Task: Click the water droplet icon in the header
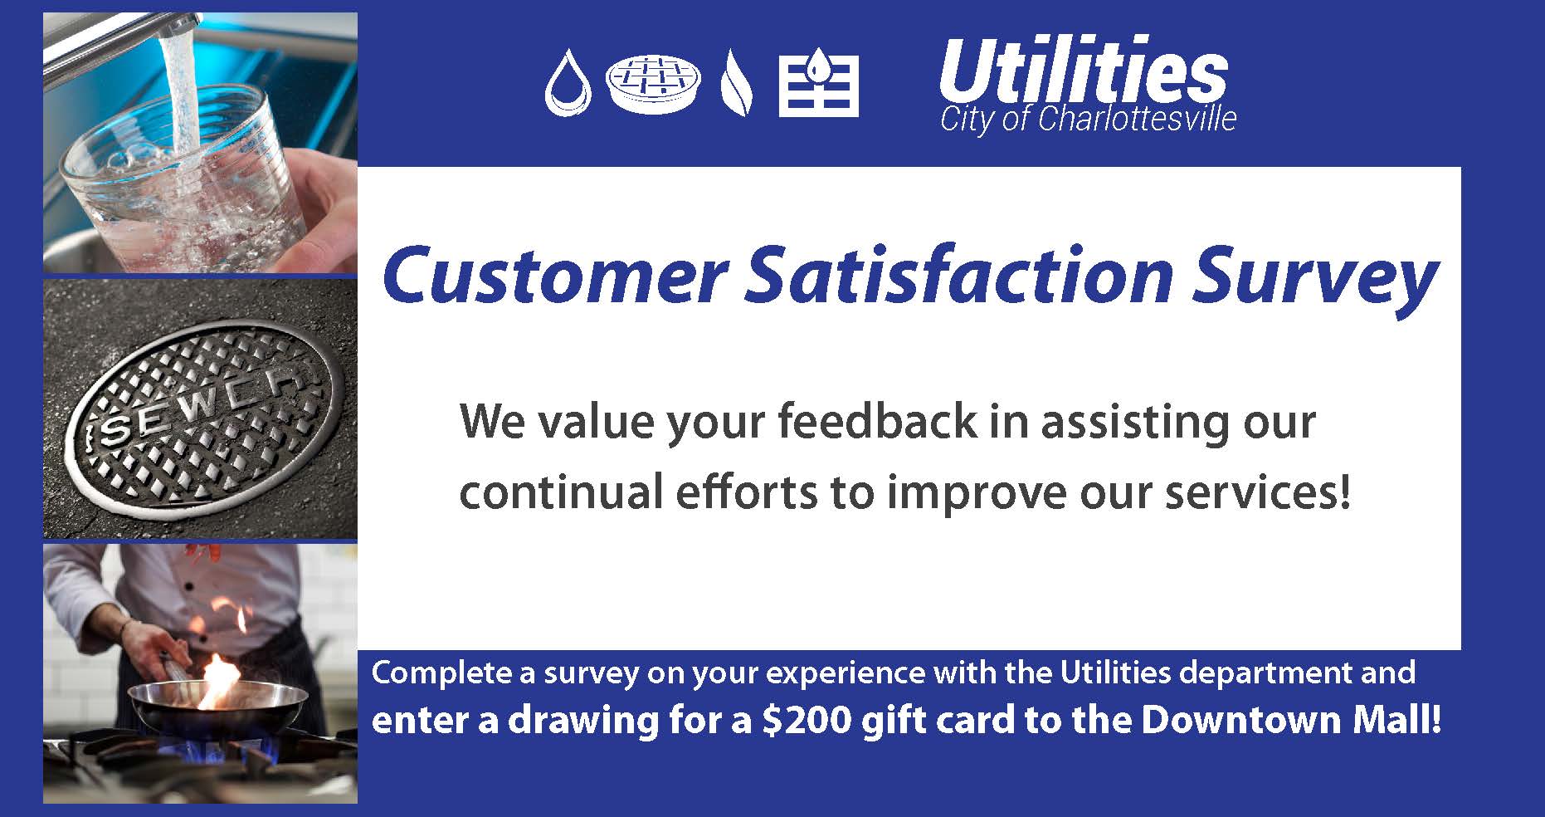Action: (x=568, y=84)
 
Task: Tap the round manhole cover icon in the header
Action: (x=652, y=84)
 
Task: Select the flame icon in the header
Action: (x=736, y=84)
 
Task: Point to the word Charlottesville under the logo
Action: (x=1137, y=120)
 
